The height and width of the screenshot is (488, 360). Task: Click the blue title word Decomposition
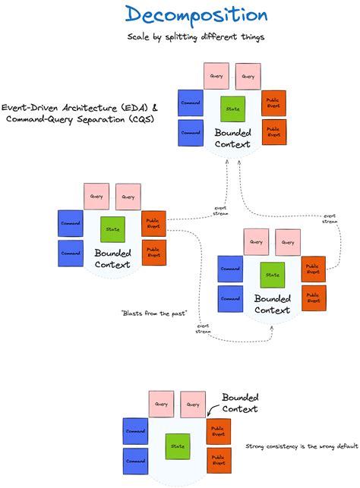pos(197,16)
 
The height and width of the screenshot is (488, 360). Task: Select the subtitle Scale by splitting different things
pos(196,36)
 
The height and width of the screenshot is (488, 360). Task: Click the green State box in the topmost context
pos(232,108)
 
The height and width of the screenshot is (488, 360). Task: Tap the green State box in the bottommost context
pos(178,445)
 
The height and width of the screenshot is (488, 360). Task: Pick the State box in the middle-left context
pos(112,228)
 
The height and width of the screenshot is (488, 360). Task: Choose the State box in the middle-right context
pos(272,273)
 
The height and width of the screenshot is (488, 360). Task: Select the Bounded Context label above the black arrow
pos(240,402)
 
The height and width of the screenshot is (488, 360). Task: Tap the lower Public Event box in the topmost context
pos(273,132)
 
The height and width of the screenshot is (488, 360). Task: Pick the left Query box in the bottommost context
pos(161,404)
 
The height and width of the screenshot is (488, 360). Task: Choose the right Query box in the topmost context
pos(248,76)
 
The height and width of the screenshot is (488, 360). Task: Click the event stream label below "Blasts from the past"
pos(204,328)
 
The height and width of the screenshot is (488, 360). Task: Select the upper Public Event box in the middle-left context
pos(153,223)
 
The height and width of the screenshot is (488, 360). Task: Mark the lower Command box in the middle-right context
pos(230,298)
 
